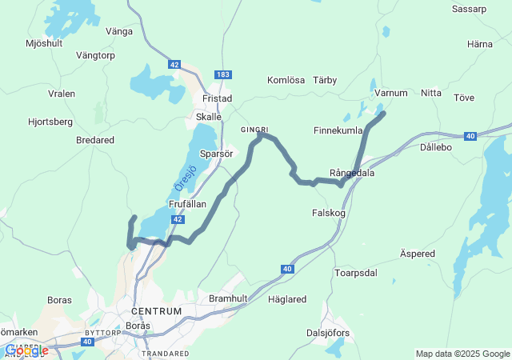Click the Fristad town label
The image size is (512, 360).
[x=218, y=98]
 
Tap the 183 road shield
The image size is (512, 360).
[x=223, y=74]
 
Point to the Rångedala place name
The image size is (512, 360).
[x=352, y=173]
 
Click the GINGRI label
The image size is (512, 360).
[x=254, y=129]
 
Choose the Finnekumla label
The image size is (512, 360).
[x=338, y=130]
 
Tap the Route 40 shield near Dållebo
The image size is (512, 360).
[x=470, y=137]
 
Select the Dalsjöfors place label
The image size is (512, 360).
[x=329, y=333]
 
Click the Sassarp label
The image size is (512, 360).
[x=469, y=10]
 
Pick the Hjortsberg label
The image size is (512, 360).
[x=50, y=122]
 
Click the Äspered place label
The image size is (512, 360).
[x=417, y=254]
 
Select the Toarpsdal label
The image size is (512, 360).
[x=356, y=273]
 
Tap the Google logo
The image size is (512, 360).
[x=26, y=350]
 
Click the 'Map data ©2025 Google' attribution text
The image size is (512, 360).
[x=462, y=354]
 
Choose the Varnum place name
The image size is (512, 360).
[x=391, y=94]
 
